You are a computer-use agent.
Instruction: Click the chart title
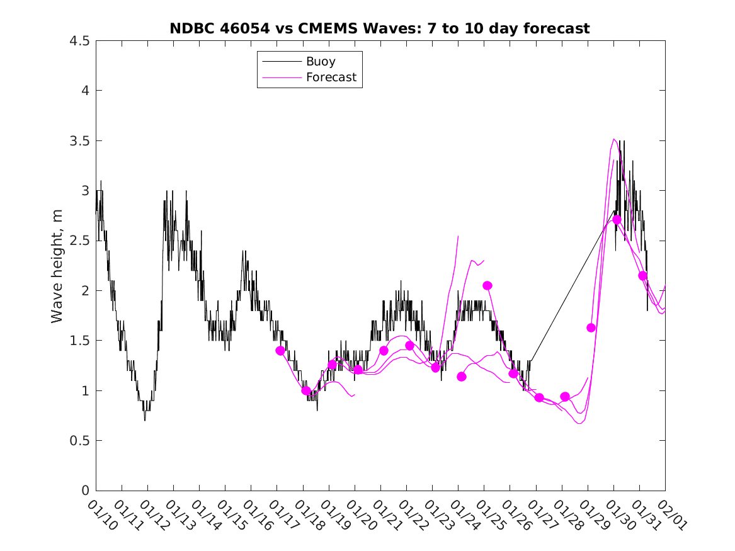[379, 28]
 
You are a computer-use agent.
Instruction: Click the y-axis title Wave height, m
[57, 266]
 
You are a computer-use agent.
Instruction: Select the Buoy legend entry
[320, 62]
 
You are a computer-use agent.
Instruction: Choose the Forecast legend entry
[331, 77]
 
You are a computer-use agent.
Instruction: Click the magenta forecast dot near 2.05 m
[487, 286]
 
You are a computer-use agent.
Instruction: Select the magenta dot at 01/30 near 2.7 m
[617, 220]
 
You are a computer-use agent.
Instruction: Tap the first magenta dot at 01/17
[280, 351]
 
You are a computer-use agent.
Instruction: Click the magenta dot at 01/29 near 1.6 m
[591, 327]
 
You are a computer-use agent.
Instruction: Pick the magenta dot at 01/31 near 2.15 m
[642, 276]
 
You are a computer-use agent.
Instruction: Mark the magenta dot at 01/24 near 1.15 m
[462, 377]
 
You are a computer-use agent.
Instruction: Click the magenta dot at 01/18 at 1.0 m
[306, 390]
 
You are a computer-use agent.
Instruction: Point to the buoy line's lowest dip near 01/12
[145, 419]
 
